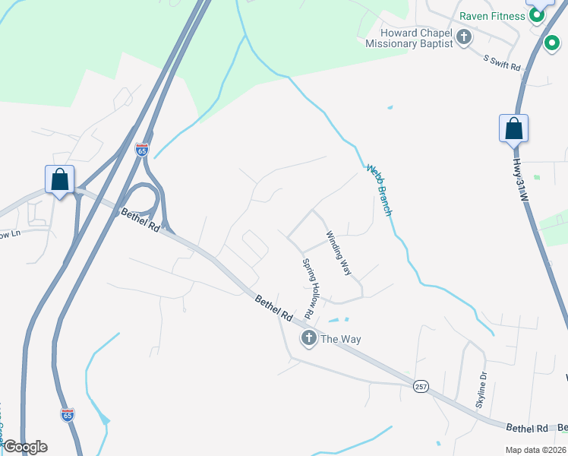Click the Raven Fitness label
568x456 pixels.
(493, 16)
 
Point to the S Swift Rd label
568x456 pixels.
(502, 62)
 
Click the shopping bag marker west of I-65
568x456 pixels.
(60, 180)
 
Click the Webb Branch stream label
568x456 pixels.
(378, 190)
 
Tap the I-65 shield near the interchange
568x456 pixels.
(142, 150)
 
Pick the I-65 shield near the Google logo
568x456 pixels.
(68, 414)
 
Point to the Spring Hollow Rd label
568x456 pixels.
(310, 287)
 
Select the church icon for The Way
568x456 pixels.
(308, 338)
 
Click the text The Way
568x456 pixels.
(339, 339)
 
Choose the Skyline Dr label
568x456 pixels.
(481, 389)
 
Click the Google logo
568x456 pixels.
(25, 447)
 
